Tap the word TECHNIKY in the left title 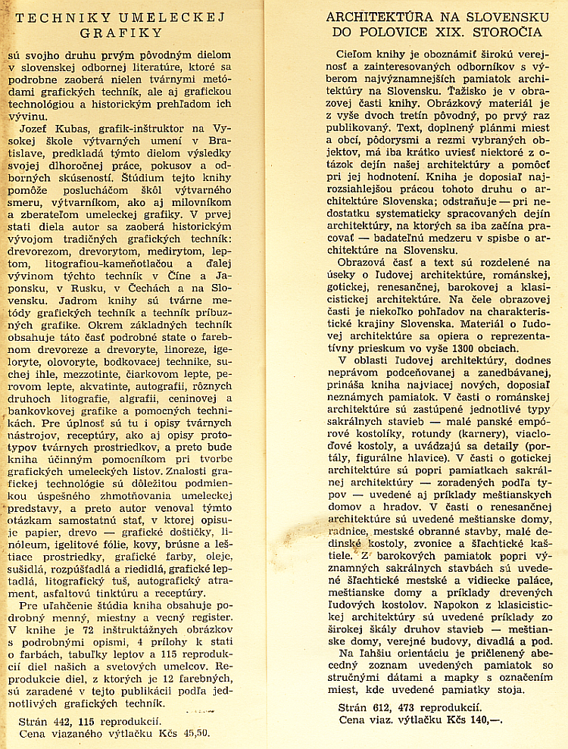coord(56,15)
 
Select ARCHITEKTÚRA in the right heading coord(383,17)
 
